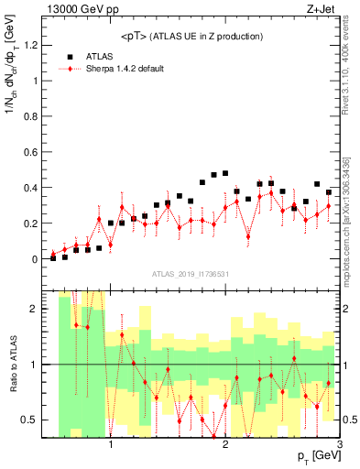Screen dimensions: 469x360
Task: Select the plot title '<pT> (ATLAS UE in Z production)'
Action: [x=190, y=36]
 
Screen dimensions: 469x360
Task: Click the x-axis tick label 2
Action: [x=225, y=445]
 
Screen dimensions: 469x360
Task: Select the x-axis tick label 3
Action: [x=339, y=445]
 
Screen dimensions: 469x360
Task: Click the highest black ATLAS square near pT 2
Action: [x=225, y=173]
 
